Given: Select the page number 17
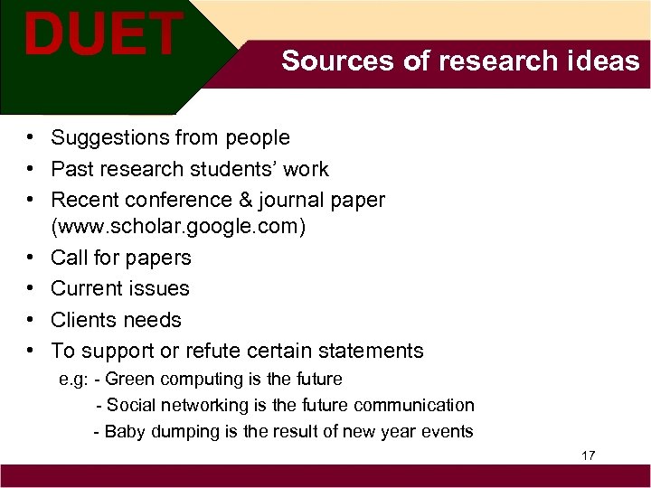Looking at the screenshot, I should (588, 455).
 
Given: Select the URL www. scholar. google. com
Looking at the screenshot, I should (179, 226).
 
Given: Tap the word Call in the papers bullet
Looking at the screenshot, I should (69, 258).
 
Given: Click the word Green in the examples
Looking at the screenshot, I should (130, 379).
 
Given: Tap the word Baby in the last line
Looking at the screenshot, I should (124, 431).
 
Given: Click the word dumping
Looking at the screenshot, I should (183, 431).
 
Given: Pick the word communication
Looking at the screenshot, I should (414, 405).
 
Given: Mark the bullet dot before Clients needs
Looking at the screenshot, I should (31, 320).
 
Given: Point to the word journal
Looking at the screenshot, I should (344, 199).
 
